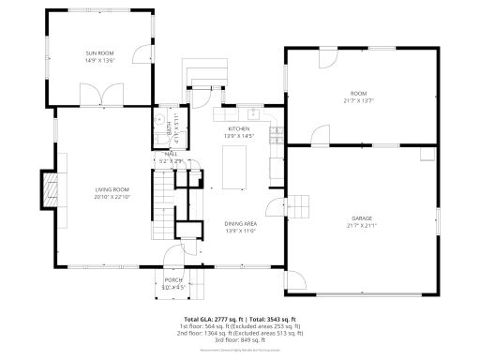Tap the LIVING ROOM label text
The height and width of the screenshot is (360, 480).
[111, 189]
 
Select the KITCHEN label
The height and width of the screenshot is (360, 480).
[238, 129]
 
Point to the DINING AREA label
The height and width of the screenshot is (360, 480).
[240, 223]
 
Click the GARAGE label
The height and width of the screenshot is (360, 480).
[362, 218]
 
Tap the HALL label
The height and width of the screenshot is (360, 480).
[172, 154]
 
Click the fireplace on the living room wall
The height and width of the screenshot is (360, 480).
[49, 189]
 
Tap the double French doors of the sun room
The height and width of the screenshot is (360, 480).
[99, 95]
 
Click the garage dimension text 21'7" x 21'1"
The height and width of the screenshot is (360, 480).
[362, 226]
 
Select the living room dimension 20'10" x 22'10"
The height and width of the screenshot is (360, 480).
[111, 197]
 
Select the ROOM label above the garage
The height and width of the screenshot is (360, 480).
[359, 94]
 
